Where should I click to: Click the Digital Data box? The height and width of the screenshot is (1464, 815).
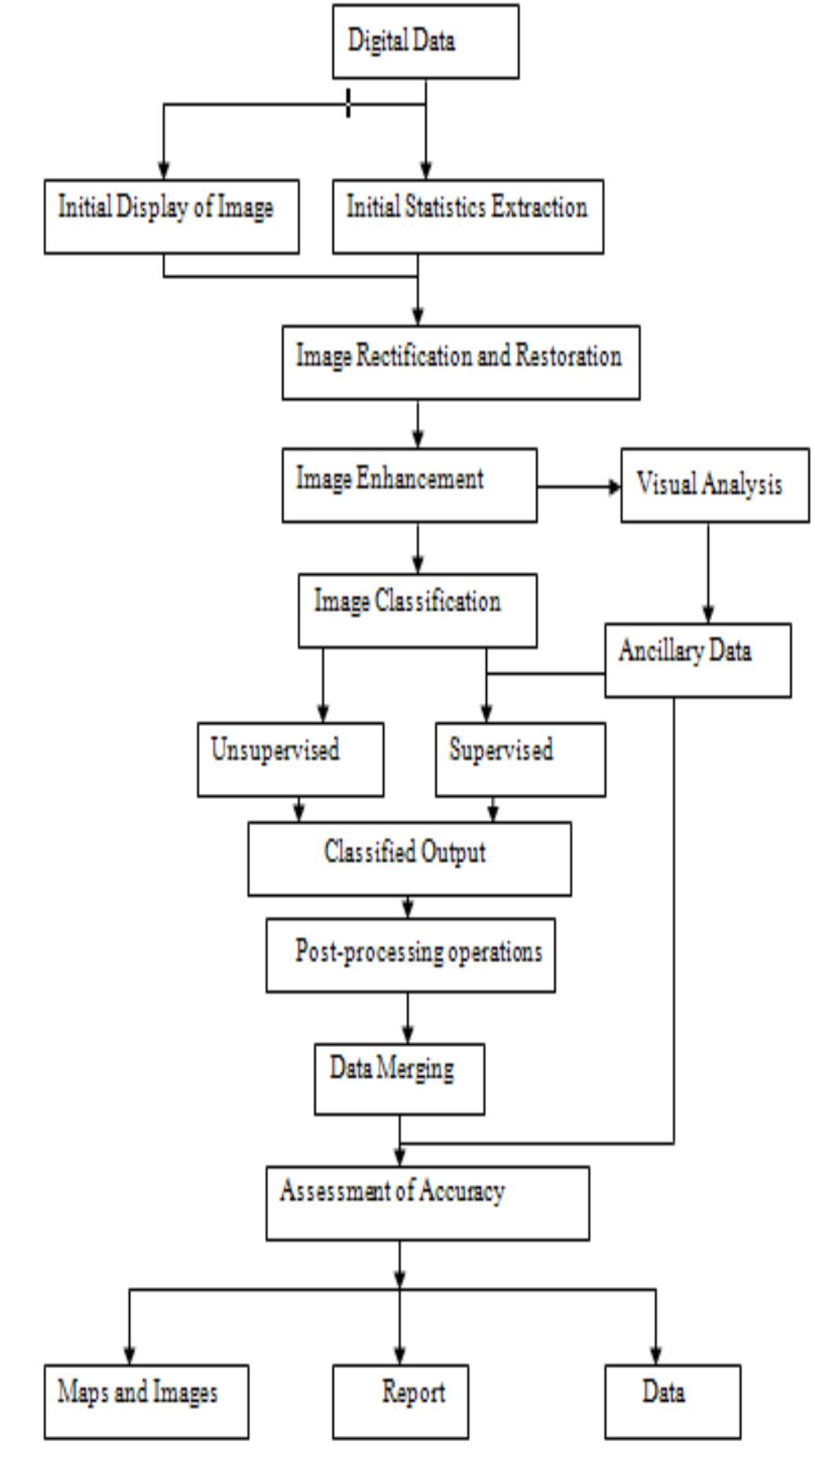pyautogui.click(x=426, y=42)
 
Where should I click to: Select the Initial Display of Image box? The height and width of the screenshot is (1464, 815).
pyautogui.click(x=171, y=216)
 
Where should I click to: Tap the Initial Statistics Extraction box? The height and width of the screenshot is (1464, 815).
pyautogui.click(x=468, y=216)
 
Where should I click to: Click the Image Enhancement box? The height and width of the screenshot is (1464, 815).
pyautogui.click(x=410, y=485)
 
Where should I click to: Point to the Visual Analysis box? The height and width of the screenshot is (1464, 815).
pyautogui.click(x=714, y=485)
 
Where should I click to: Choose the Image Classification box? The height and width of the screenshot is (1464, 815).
pyautogui.click(x=418, y=610)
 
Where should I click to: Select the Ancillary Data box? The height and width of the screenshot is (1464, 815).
pyautogui.click(x=698, y=660)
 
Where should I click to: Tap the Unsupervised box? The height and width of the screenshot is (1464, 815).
pyautogui.click(x=290, y=759)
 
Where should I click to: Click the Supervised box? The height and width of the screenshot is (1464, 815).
pyautogui.click(x=521, y=759)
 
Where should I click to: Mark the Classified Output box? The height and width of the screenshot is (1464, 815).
pyautogui.click(x=410, y=859)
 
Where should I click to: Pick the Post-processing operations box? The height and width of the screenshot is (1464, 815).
pyautogui.click(x=411, y=955)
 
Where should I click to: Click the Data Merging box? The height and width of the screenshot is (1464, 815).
pyautogui.click(x=400, y=1079)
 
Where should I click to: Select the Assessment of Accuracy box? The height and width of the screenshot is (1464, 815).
pyautogui.click(x=427, y=1203)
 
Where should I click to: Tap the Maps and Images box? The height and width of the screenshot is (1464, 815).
pyautogui.click(x=146, y=1401)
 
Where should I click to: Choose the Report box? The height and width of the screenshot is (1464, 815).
pyautogui.click(x=400, y=1401)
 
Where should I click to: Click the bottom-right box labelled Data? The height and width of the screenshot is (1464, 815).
pyautogui.click(x=673, y=1401)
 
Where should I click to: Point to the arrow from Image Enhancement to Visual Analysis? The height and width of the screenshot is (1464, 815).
pyautogui.click(x=579, y=488)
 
